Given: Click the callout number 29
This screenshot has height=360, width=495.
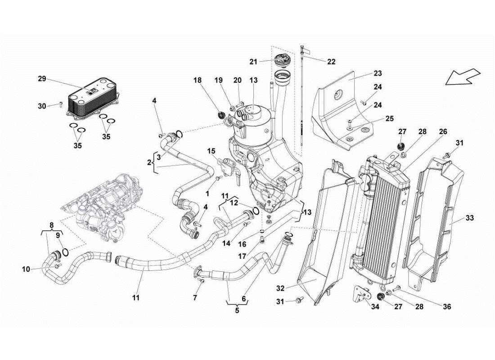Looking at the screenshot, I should pyautogui.click(x=42, y=79).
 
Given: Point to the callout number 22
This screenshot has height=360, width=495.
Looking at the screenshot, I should pyautogui.click(x=331, y=62).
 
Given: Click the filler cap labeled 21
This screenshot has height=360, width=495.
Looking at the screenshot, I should pyautogui.click(x=284, y=58).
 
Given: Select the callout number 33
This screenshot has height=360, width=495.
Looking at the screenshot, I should pyautogui.click(x=469, y=218).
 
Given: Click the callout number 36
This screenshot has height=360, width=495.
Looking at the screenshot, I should pyautogui.click(x=446, y=307).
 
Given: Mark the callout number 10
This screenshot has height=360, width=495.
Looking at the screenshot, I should pyautogui.click(x=26, y=269).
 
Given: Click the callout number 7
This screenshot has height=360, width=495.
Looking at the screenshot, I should pyautogui.click(x=195, y=298).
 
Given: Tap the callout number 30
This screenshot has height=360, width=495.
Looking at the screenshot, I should pyautogui.click(x=42, y=106).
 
